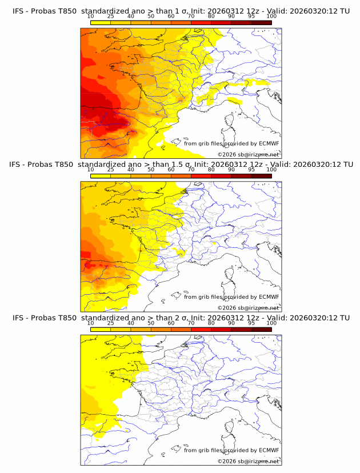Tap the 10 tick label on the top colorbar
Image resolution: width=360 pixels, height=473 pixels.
pyautogui.click(x=90, y=17)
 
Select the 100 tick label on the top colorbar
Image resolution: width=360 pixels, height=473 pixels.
pyautogui.click(x=271, y=17)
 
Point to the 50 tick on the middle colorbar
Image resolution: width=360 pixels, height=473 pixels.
pyautogui.click(x=151, y=170)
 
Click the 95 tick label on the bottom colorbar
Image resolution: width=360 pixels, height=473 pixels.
pyautogui.click(x=251, y=323)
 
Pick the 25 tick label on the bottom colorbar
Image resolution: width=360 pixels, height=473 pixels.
pyautogui.click(x=110, y=323)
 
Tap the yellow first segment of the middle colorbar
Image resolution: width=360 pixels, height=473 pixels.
pyautogui.click(x=101, y=175)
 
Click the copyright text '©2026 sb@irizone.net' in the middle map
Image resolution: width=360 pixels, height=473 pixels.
pyautogui.click(x=249, y=307)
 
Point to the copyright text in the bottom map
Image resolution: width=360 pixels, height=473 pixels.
pyautogui.click(x=249, y=461)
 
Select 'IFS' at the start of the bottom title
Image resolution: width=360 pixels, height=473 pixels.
pyautogui.click(x=18, y=318)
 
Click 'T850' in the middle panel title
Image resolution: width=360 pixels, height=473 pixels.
pyautogui.click(x=66, y=164)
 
